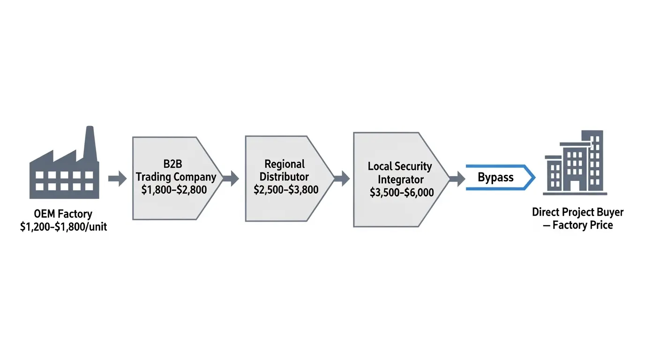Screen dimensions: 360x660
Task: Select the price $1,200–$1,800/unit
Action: tap(64, 227)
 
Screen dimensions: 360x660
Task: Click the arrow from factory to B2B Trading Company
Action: tap(117, 178)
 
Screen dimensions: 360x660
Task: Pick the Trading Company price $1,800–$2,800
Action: tap(174, 190)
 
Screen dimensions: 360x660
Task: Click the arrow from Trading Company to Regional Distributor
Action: tap(230, 178)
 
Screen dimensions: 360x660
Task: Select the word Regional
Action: tap(285, 164)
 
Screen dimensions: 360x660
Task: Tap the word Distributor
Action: tap(285, 177)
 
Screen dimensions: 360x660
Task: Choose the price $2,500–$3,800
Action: tap(286, 189)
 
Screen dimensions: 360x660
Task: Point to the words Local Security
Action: tap(400, 166)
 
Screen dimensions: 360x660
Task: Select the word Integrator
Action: tap(401, 179)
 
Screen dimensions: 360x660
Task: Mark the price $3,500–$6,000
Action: tap(402, 192)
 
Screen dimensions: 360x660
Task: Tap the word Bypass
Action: tap(495, 178)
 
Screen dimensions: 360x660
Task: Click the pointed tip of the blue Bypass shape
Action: tap(534, 178)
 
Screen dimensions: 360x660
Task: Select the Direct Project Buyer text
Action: tap(577, 212)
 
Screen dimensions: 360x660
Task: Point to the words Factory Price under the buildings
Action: tap(583, 225)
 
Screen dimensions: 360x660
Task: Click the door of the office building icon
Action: tap(575, 185)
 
